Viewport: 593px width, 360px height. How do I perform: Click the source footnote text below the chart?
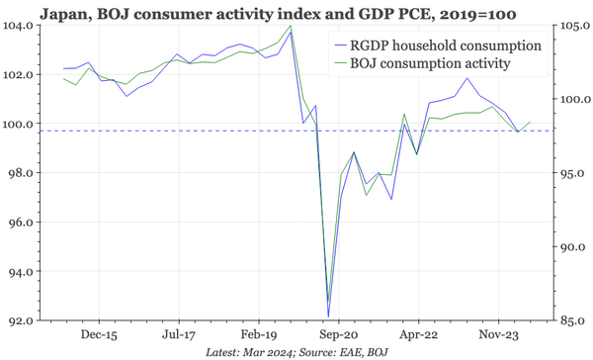pos(296,352)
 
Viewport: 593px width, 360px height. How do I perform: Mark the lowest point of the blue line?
pos(328,316)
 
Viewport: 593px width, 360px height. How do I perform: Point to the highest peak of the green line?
pos(290,27)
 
